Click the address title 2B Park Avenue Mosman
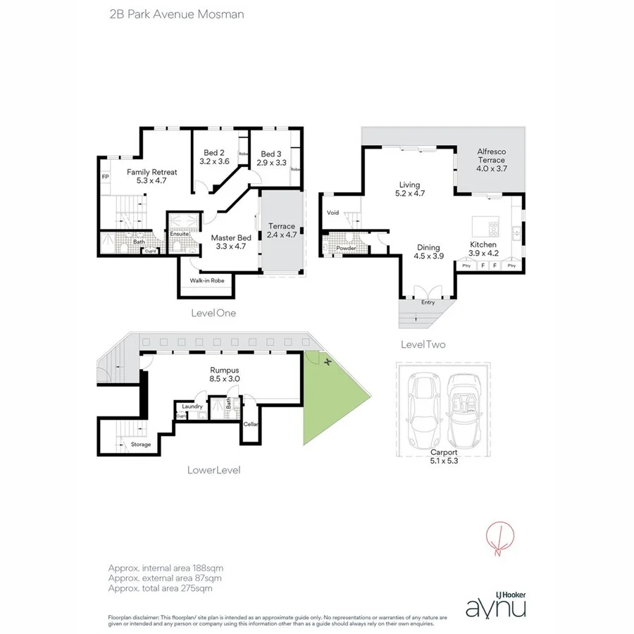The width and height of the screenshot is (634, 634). (x=176, y=14)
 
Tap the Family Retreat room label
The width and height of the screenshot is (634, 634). (x=151, y=172)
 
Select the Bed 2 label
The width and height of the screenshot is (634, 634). (x=214, y=153)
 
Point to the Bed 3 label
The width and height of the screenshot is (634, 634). (x=271, y=154)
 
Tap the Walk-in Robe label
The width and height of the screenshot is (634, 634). (x=206, y=280)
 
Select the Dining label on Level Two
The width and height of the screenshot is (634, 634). (x=428, y=247)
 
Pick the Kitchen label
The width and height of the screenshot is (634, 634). (x=483, y=245)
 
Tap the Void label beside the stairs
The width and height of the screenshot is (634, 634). (x=333, y=213)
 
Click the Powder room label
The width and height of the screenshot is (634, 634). (x=345, y=249)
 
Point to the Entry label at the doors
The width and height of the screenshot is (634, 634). (x=428, y=303)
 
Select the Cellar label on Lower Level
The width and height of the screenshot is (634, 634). (x=251, y=424)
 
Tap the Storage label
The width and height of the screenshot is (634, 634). (x=140, y=445)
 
